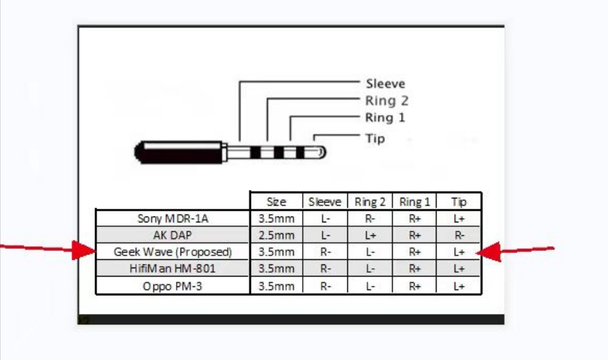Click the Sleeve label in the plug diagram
click(385, 83)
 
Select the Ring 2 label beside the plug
click(387, 101)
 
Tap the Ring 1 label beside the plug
click(385, 118)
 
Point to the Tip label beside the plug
click(375, 138)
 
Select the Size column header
click(276, 202)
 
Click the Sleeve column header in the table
click(324, 202)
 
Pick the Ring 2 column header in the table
click(370, 202)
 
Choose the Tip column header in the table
click(459, 202)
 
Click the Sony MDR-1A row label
click(173, 218)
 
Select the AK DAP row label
click(173, 235)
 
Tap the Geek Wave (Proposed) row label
click(173, 252)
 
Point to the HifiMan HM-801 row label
click(173, 268)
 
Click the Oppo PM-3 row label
click(173, 285)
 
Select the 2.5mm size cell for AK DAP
click(276, 235)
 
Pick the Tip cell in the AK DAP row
click(459, 235)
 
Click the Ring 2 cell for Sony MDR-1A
click(370, 218)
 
